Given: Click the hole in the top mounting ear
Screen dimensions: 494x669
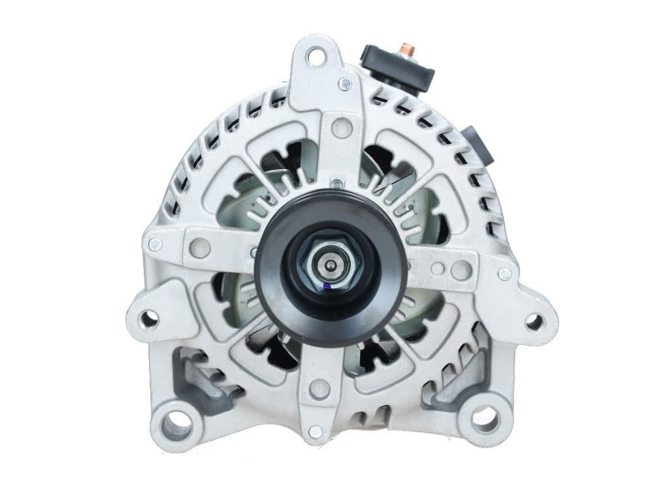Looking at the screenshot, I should pos(316,58).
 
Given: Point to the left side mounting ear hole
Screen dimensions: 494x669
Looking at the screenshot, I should pos(149,320).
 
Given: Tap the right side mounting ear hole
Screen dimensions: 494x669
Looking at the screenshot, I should pos(534,321).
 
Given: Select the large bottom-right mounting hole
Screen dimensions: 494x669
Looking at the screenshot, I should pos(485,419).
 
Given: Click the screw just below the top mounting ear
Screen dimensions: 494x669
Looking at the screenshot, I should pos(344,84).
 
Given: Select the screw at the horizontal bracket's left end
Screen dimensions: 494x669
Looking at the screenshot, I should pos(155,245).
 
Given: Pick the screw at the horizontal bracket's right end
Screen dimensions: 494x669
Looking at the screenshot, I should pos(504,274).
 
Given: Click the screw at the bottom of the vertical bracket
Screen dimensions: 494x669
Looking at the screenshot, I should pos(315,431).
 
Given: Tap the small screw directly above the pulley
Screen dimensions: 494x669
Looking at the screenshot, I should pos(335,184).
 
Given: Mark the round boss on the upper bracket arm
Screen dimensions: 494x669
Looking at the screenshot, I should pos(341,127).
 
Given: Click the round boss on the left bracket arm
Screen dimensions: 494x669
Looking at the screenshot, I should pos(200,248).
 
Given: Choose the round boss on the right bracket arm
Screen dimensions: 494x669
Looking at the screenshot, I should pos(461,269).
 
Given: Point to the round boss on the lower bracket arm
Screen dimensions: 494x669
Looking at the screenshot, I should pos(319,389).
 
